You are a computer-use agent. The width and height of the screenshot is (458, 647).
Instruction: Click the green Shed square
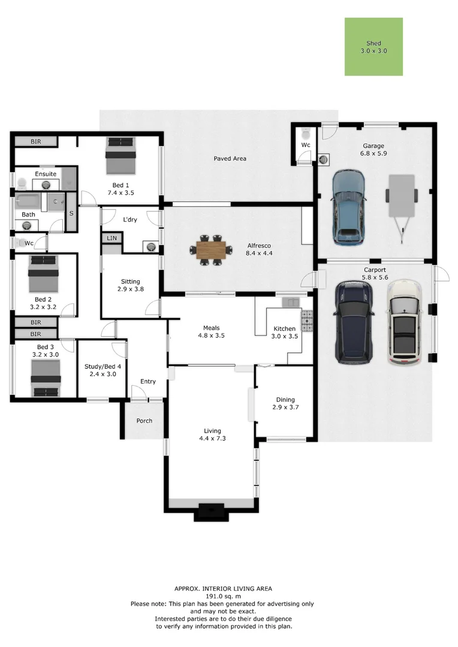[x=373, y=47]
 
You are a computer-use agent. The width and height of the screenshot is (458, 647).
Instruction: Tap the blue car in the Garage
[x=348, y=207]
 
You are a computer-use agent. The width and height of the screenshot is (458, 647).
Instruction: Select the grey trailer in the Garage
[x=401, y=207]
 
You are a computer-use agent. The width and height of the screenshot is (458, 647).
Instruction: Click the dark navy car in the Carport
[x=354, y=322]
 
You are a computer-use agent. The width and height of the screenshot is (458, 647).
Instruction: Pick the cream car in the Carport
[x=405, y=322]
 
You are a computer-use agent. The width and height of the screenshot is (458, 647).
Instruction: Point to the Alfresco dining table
[x=211, y=250]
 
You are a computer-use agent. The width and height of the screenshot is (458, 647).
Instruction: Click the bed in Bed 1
[x=120, y=156]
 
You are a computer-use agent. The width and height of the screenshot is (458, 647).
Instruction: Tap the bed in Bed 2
[x=43, y=274]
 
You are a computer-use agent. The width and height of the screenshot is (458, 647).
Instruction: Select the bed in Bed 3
[x=46, y=378]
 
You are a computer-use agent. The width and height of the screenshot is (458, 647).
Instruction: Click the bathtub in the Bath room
[x=28, y=202]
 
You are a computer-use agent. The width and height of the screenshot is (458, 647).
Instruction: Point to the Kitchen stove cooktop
[x=308, y=321]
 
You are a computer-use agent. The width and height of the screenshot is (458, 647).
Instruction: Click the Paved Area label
[x=230, y=158]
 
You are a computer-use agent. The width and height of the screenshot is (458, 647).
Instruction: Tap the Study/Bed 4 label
[x=103, y=367]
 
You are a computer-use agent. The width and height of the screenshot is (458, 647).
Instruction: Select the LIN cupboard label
[x=112, y=238]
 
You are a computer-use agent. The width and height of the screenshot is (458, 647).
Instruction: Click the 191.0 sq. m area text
[x=223, y=596]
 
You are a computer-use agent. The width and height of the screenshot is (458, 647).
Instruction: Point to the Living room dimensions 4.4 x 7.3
[x=212, y=438]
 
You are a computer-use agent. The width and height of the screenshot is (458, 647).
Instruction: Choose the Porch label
[x=144, y=421]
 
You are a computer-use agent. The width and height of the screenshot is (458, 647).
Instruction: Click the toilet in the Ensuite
[x=22, y=182]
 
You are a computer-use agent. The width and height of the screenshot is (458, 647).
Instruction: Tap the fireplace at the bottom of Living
[x=211, y=512]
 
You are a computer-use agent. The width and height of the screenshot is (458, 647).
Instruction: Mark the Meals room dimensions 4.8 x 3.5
[x=211, y=335]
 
